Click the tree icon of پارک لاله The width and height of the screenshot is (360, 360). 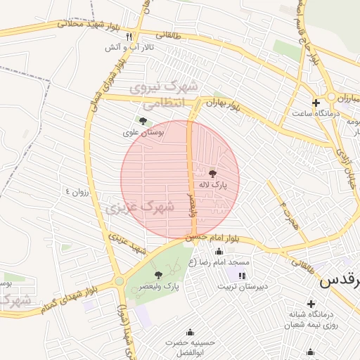(x=212, y=172)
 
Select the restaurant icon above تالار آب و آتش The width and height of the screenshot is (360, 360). (x=128, y=36)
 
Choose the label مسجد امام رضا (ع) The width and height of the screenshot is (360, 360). (x=224, y=262)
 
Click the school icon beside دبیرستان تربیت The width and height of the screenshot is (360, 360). (x=242, y=275)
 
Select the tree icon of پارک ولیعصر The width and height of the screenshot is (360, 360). (x=157, y=275)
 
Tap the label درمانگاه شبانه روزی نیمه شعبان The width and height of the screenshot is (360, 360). (x=313, y=319)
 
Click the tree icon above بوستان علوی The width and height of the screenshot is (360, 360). (x=143, y=121)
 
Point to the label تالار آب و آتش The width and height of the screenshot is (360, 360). (x=139, y=47)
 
